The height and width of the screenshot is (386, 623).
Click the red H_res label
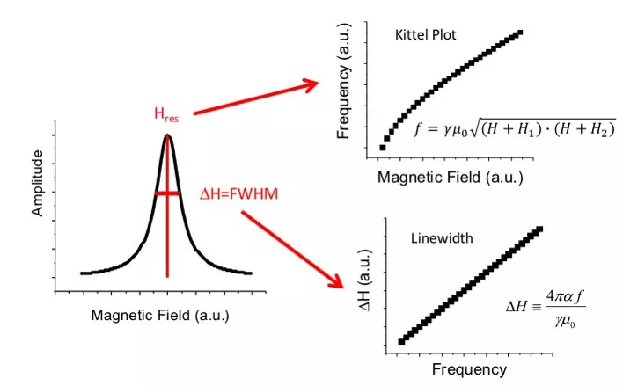pyautogui.click(x=166, y=115)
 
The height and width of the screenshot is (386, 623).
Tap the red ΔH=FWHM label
pyautogui.click(x=238, y=194)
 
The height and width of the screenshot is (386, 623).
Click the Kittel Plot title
pyautogui.click(x=426, y=35)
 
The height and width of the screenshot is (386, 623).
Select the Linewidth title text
pyautogui.click(x=442, y=238)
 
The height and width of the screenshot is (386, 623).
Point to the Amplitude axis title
pyautogui.click(x=37, y=183)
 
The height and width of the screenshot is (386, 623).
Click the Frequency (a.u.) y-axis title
pyautogui.click(x=344, y=81)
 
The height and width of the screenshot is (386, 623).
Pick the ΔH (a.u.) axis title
pyautogui.click(x=365, y=280)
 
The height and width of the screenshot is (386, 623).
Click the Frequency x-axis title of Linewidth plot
pyautogui.click(x=469, y=369)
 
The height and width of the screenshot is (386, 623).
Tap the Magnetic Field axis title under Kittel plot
pyautogui.click(x=451, y=177)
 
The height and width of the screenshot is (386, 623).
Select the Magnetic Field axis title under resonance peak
pyautogui.click(x=160, y=316)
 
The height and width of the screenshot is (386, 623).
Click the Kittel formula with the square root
pyautogui.click(x=514, y=128)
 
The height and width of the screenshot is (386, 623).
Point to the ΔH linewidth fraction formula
pyautogui.click(x=546, y=309)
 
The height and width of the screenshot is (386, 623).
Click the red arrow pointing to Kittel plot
pyautogui.click(x=256, y=98)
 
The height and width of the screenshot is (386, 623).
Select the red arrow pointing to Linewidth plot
pyautogui.click(x=292, y=250)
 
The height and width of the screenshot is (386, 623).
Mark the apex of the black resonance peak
pyautogui.click(x=167, y=135)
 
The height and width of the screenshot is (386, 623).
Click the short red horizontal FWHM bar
pyautogui.click(x=167, y=193)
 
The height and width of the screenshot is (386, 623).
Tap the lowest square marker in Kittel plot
pyautogui.click(x=383, y=148)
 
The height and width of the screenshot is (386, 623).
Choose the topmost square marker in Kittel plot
pyautogui.click(x=520, y=33)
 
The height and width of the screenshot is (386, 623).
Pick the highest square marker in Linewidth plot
pyautogui.click(x=539, y=229)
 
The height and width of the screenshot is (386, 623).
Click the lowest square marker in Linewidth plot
pyautogui.click(x=401, y=341)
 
